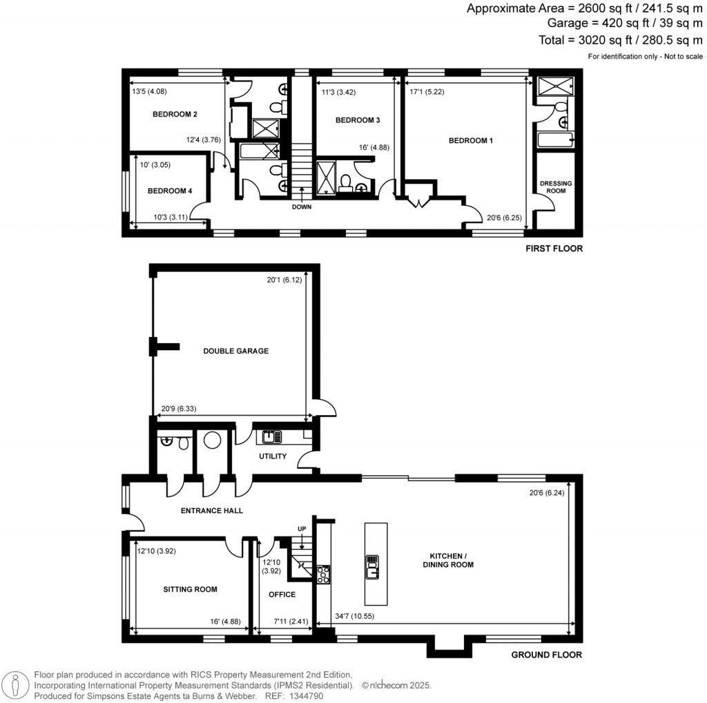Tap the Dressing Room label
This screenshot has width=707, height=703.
point(556,186)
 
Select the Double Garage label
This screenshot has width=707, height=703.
point(235,351)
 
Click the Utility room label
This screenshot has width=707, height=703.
point(273,456)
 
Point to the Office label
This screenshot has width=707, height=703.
point(282,594)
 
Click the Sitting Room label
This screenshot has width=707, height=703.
point(190,589)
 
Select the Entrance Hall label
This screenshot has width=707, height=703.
point(212,510)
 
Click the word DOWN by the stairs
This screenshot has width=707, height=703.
point(302,206)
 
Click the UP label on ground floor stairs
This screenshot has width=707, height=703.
point(302,529)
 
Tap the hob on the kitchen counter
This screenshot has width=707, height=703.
point(323,575)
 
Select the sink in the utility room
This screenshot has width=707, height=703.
point(269,436)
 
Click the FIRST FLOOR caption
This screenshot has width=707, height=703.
point(554,248)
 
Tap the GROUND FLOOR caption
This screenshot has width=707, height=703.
point(546,655)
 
